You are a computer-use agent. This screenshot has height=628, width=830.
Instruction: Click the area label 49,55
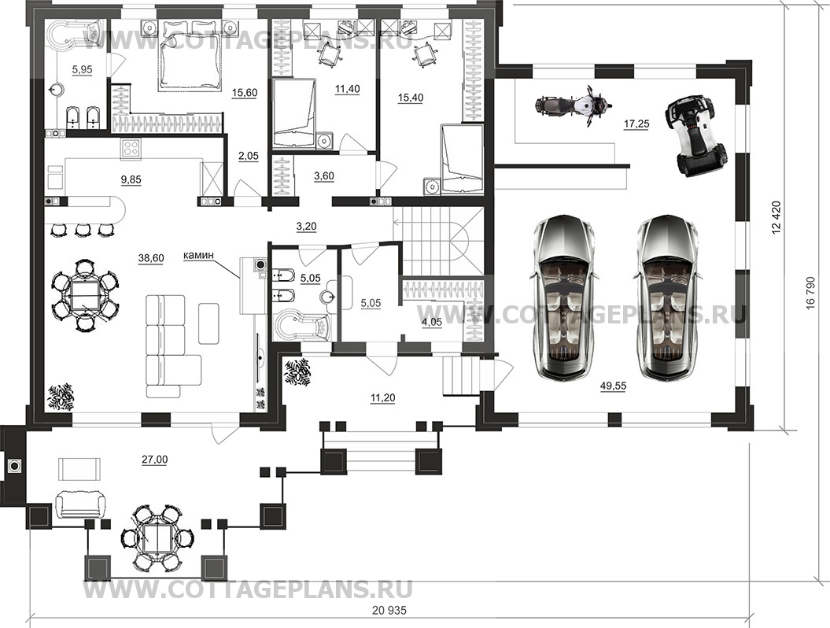point(613,386)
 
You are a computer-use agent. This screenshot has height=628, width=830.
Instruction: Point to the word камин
point(198,255)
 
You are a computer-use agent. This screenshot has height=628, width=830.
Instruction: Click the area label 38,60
point(151,258)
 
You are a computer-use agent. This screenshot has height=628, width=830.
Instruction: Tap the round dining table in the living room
point(85,295)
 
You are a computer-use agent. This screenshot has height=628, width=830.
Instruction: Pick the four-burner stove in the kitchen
point(131,148)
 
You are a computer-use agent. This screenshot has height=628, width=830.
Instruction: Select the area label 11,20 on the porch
point(382,398)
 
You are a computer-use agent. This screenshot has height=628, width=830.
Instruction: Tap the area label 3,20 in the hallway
point(306,227)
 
